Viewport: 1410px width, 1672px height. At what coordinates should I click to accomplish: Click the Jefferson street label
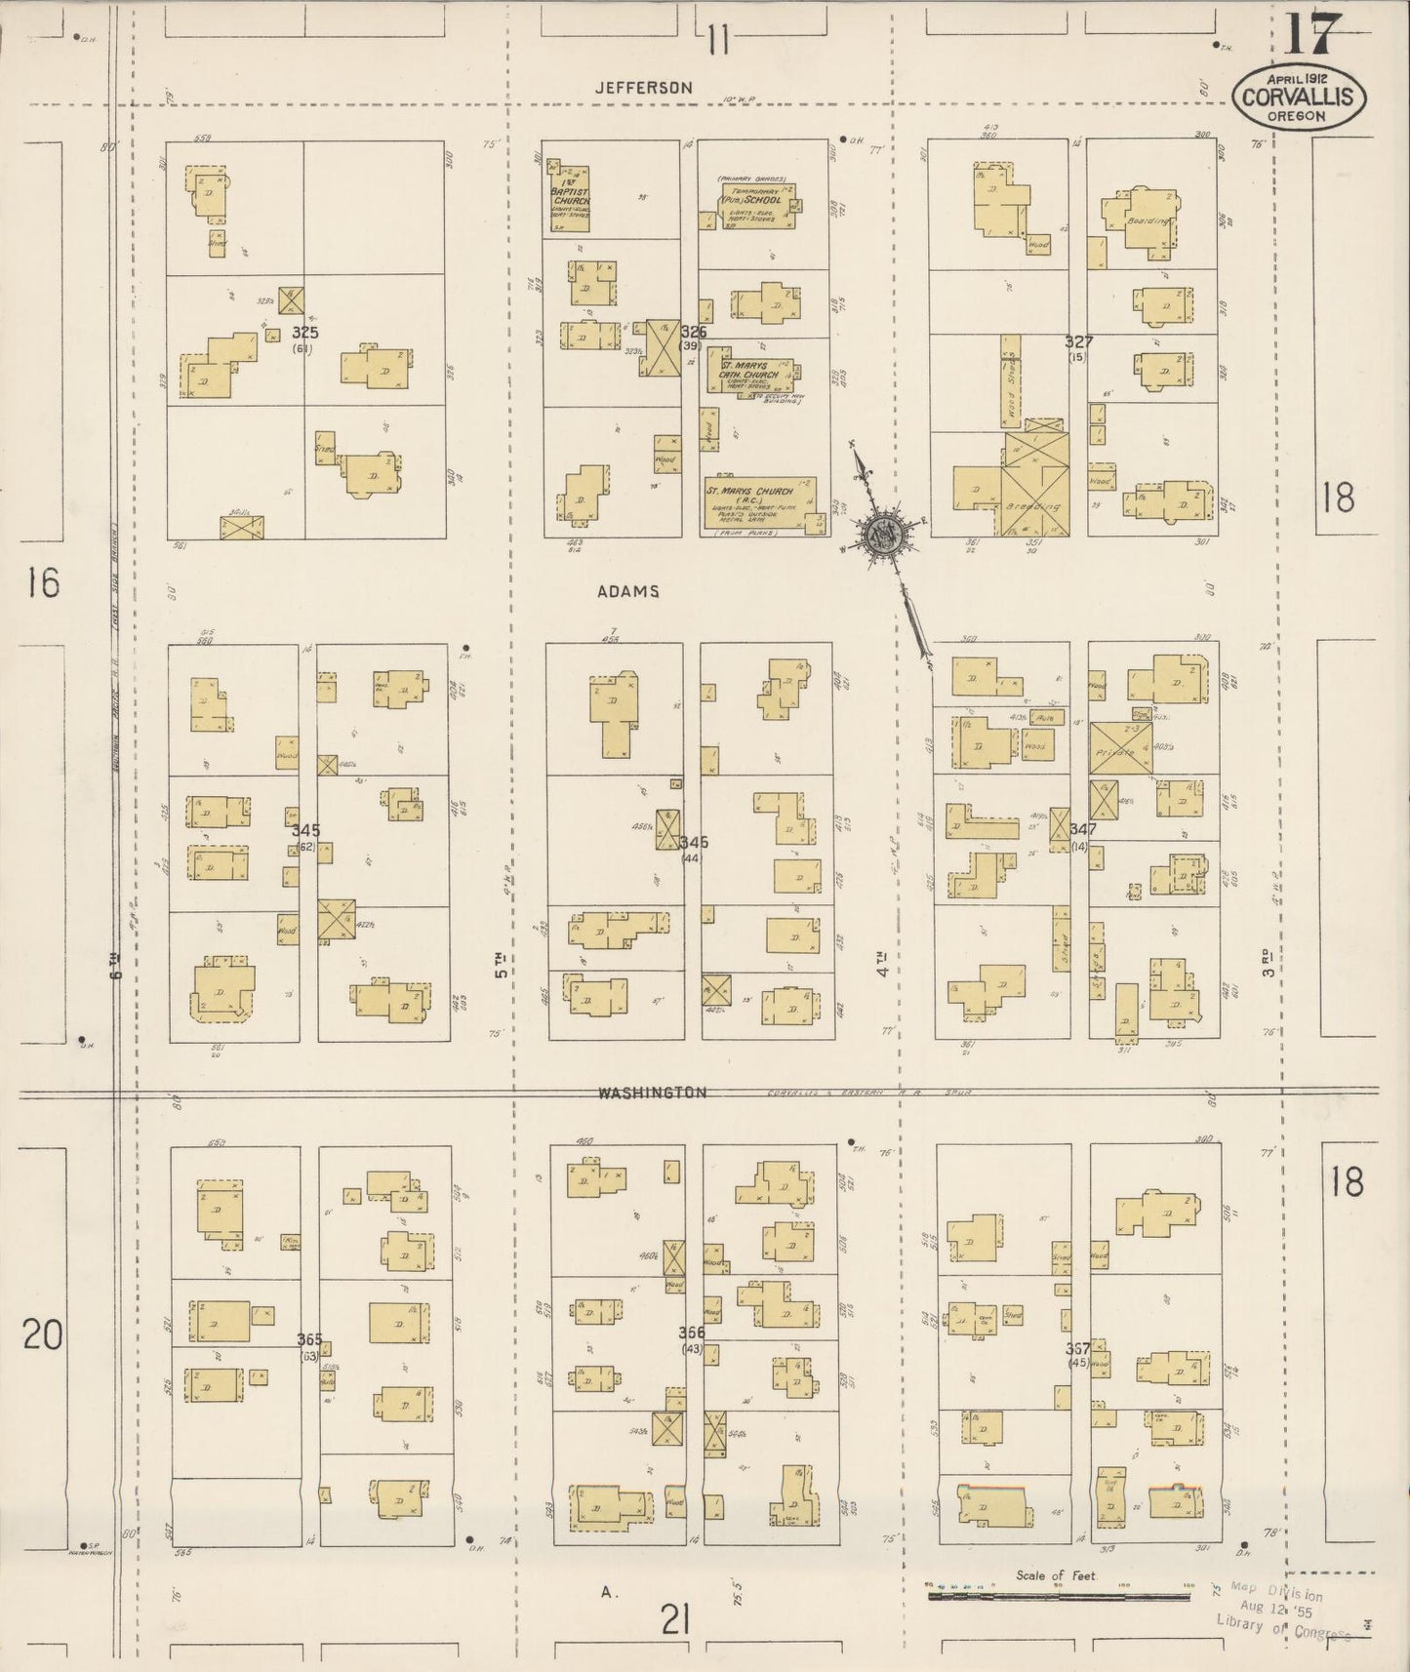(x=644, y=88)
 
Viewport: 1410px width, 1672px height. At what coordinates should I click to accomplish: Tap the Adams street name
(x=629, y=591)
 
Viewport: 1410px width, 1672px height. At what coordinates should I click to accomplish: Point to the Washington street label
(x=653, y=1094)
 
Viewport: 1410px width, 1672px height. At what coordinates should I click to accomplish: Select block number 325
(x=305, y=333)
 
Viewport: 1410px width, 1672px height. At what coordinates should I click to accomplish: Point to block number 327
(x=1078, y=342)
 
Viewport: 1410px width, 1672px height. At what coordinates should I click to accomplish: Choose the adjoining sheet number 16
(x=42, y=583)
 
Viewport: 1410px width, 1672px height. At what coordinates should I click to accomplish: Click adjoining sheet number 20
(x=42, y=1334)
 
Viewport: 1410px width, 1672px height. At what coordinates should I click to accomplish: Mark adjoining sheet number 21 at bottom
(x=675, y=1620)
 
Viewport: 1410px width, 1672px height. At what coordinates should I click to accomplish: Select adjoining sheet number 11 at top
(x=718, y=41)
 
